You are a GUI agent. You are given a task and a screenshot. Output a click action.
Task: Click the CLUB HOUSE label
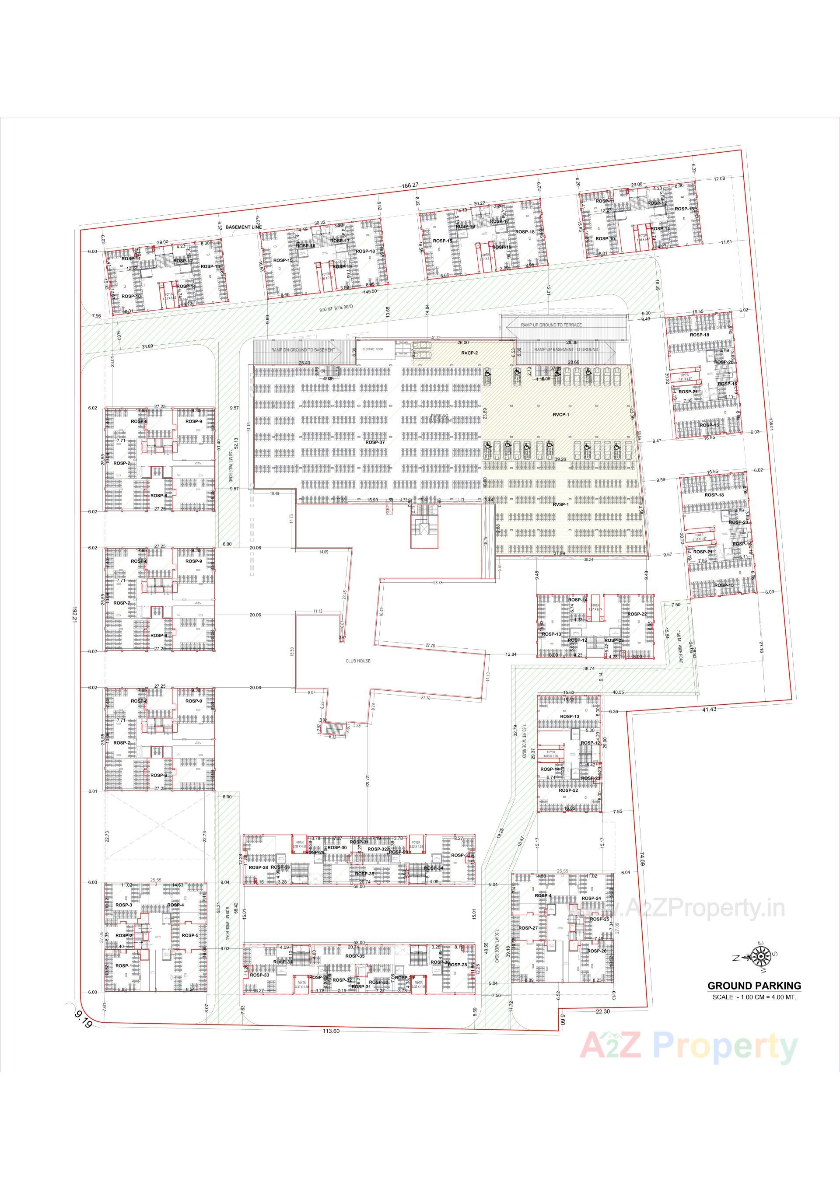358,661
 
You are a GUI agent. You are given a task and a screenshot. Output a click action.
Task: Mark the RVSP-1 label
561,504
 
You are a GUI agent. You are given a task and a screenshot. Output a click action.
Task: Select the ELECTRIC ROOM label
372,350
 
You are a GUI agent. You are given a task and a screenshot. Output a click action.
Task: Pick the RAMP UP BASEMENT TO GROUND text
566,350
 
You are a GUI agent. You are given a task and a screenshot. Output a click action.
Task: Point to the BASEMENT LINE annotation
243,227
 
